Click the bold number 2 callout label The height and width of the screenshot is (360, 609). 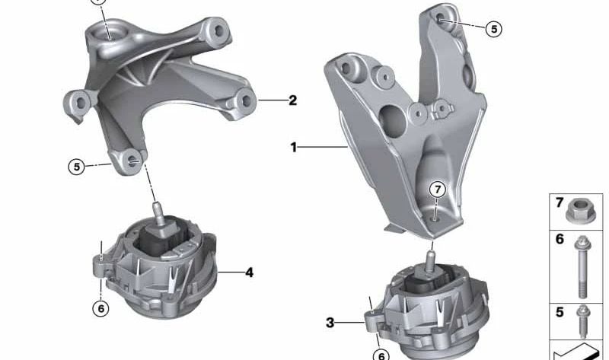click(x=292, y=100)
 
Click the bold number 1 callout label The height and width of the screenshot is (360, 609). click(x=294, y=147)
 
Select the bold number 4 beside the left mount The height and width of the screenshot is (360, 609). click(x=249, y=272)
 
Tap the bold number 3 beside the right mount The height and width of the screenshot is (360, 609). click(x=330, y=323)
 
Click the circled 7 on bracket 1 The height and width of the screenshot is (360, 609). click(x=438, y=190)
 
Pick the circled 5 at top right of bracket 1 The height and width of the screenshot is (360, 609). click(x=493, y=29)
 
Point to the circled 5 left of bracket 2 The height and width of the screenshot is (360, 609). click(x=77, y=167)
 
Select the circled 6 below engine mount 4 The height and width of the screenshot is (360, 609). click(x=101, y=308)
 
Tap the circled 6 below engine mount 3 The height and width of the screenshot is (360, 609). click(x=381, y=355)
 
